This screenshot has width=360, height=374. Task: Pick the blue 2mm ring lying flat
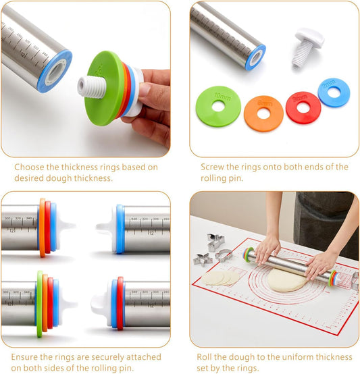tap(333, 92)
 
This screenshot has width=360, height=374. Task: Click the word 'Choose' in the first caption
tap(29, 167)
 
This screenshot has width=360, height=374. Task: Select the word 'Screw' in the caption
tap(213, 167)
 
